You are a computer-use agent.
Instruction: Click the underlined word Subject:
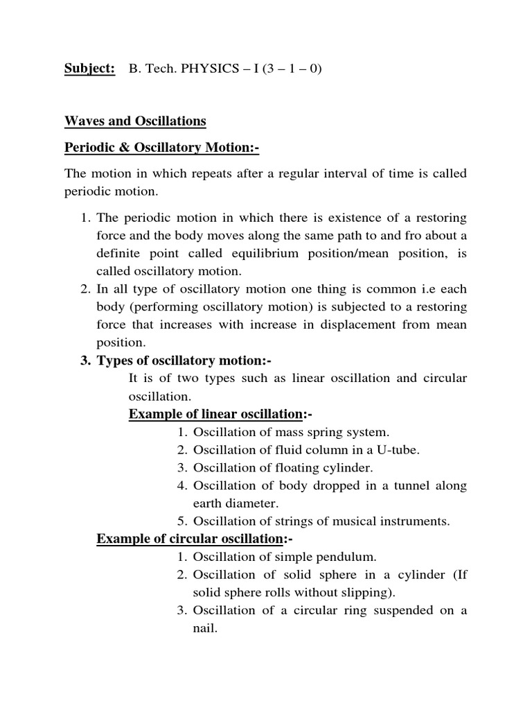click(x=89, y=69)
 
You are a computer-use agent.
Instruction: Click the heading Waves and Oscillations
click(x=135, y=121)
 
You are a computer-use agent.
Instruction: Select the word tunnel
click(x=403, y=485)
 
